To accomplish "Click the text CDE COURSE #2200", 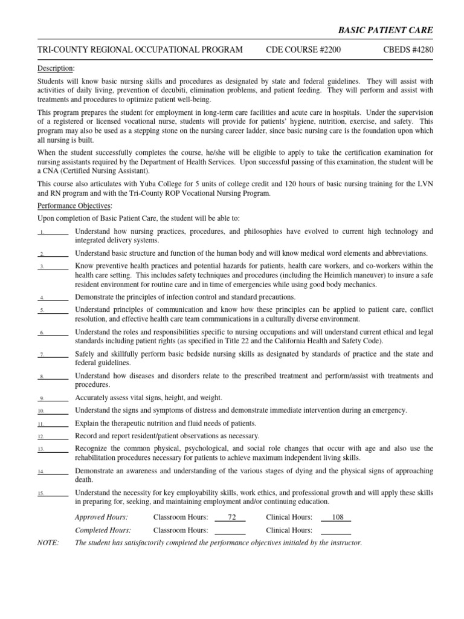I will pyautogui.click(x=303, y=50).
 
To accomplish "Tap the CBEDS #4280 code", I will pyautogui.click(x=407, y=50).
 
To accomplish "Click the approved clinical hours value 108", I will pyautogui.click(x=336, y=517).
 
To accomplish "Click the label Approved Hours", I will pyautogui.click(x=101, y=517).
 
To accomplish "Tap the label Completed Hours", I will pyautogui.click(x=103, y=530).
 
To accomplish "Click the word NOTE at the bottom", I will pyautogui.click(x=48, y=543).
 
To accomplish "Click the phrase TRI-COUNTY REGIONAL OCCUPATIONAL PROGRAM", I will pyautogui.click(x=140, y=50).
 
